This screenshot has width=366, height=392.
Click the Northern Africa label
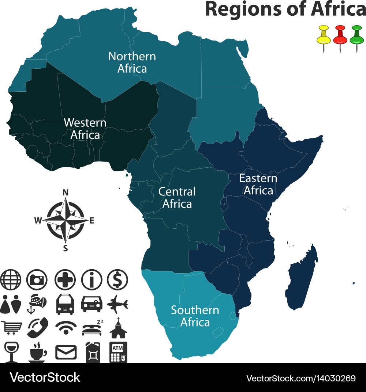tap(132, 62)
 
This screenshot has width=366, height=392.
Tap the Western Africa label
tap(85, 129)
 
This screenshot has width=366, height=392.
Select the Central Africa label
tap(177, 198)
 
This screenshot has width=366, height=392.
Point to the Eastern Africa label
tap(258, 184)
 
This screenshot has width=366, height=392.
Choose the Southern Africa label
tap(195, 316)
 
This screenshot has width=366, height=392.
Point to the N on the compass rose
tap(66, 193)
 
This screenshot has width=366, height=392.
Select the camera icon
tap(37, 280)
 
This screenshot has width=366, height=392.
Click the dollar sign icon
tap(117, 280)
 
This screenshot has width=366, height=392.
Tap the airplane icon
tap(117, 303)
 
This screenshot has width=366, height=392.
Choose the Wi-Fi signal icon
tap(66, 327)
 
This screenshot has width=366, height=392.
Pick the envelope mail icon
tap(66, 352)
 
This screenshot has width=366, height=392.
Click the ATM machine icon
tap(118, 352)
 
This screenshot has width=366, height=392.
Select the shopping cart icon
tap(10, 327)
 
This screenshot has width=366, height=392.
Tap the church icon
tap(118, 328)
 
